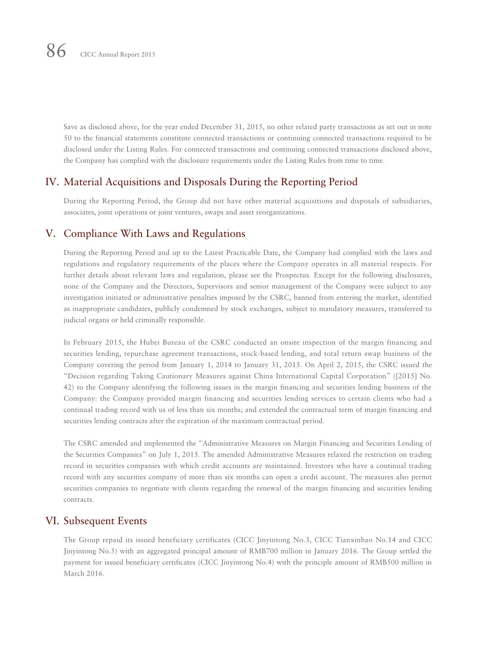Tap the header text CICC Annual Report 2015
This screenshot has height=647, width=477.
pos(117,54)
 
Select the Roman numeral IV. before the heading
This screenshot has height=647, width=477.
pos(53,182)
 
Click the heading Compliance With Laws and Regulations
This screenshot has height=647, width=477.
pos(154,234)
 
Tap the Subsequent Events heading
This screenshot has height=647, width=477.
pos(105,521)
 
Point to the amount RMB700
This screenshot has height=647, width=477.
pos(263,551)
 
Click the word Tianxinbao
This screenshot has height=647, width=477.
pos(353,540)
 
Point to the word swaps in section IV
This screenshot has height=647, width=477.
pos(214,212)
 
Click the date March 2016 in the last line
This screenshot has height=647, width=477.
pos(84,574)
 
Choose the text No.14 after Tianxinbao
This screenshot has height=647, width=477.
pos(385,540)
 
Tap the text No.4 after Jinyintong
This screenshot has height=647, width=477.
pos(265,562)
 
